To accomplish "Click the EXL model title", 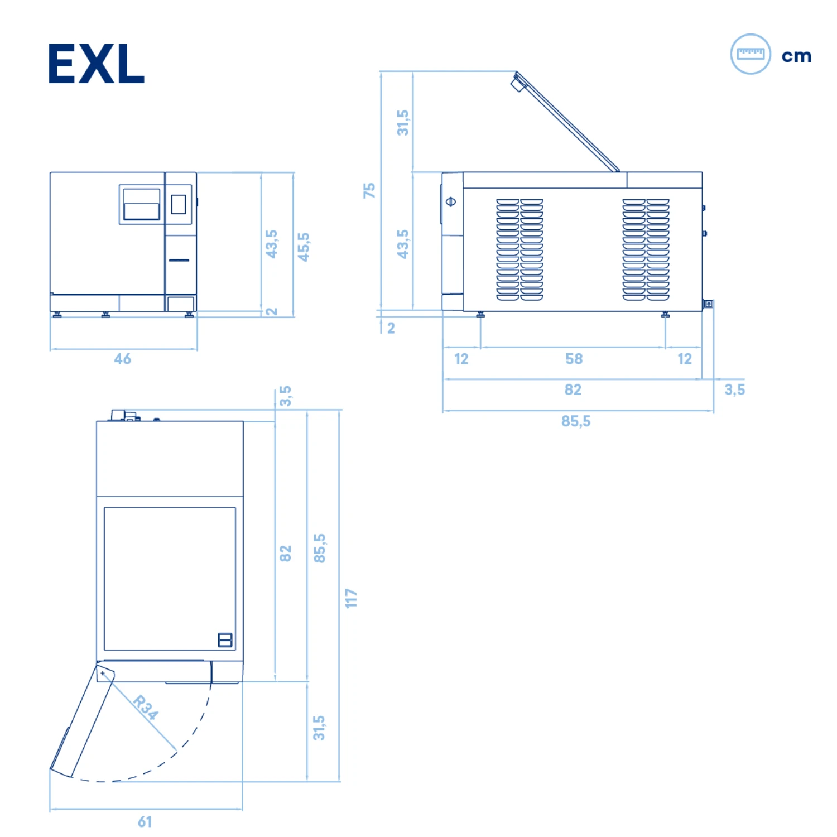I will pyautogui.click(x=96, y=64).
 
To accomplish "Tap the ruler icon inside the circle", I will pyautogui.click(x=751, y=54).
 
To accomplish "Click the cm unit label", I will pyautogui.click(x=796, y=56).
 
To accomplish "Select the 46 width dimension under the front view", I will pyautogui.click(x=123, y=359).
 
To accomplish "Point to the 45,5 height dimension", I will pyautogui.click(x=304, y=247).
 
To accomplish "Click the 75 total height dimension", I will pyautogui.click(x=369, y=190).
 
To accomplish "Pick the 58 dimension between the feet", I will pyautogui.click(x=574, y=359).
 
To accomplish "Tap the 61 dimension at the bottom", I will pyautogui.click(x=145, y=821).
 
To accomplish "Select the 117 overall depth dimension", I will pyautogui.click(x=351, y=598).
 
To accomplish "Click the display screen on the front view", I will pyautogui.click(x=142, y=204).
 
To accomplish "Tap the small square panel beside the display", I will pyautogui.click(x=179, y=204).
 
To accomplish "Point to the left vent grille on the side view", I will pyautogui.click(x=519, y=249).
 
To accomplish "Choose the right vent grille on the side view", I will pyautogui.click(x=646, y=249).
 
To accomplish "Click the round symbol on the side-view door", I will pyautogui.click(x=451, y=201).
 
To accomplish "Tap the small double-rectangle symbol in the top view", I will pyautogui.click(x=225, y=640).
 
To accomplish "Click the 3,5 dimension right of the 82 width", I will pyautogui.click(x=734, y=389).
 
